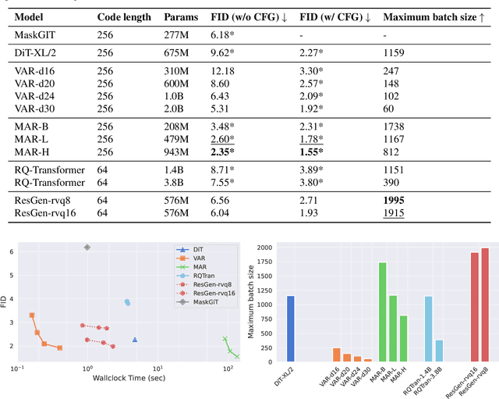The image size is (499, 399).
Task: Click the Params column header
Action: [x=181, y=16]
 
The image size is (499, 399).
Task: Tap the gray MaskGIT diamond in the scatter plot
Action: [x=87, y=247]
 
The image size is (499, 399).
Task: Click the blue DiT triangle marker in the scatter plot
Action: [x=135, y=340]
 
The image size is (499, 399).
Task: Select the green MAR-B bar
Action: [x=383, y=312]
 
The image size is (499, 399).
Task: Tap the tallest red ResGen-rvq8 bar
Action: [x=484, y=305]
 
